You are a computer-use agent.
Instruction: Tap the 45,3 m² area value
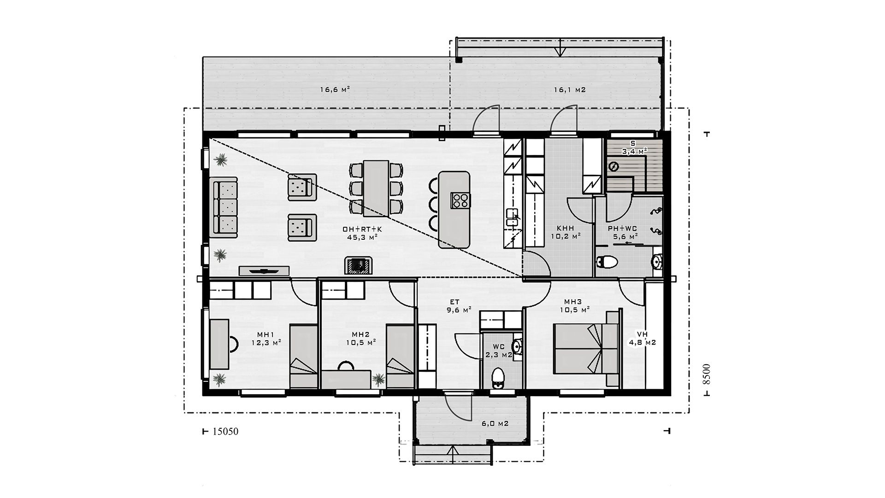point(363,237)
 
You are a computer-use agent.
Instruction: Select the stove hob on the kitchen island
point(460,200)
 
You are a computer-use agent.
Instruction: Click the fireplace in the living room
point(358,265)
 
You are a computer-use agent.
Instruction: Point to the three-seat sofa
point(224,207)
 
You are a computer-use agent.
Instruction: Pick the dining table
point(376,188)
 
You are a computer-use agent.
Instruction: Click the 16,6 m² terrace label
point(335,90)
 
